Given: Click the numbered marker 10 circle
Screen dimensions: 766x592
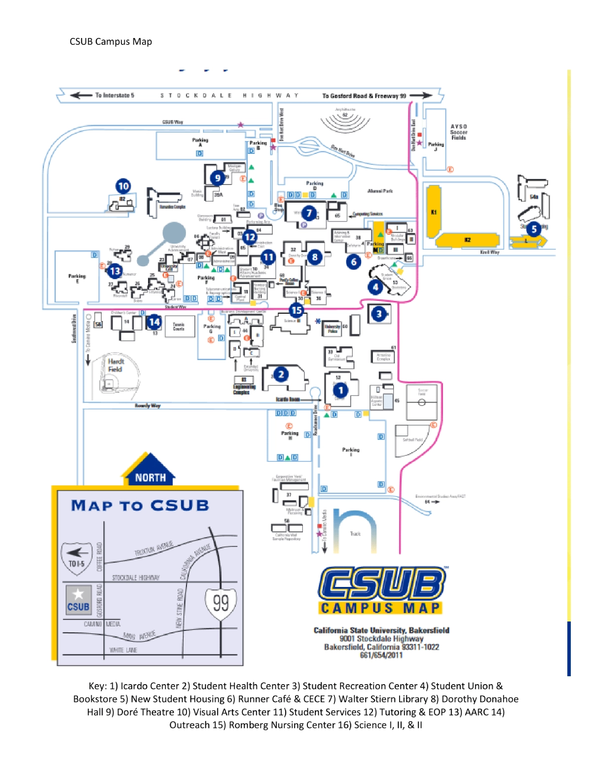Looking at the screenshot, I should [123, 186].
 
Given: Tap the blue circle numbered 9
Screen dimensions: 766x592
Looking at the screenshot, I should [218, 178].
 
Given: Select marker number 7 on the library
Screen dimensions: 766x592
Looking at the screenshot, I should [309, 213].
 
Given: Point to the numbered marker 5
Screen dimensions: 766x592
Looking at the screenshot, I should [533, 229].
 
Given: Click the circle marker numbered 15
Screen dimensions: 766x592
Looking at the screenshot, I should [296, 310].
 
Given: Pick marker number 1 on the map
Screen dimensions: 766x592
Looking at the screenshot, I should [340, 390].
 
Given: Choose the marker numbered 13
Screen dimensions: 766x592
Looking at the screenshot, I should [115, 271].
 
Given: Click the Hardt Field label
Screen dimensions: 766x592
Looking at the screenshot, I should [115, 365].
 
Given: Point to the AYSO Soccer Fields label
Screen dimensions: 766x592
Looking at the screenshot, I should [458, 132].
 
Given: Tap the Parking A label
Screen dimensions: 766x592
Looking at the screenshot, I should [200, 143].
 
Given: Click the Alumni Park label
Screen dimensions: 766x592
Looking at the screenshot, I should [380, 191].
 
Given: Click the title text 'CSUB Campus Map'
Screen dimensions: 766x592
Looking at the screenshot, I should [111, 41].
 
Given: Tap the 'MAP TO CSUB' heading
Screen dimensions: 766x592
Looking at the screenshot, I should [140, 506].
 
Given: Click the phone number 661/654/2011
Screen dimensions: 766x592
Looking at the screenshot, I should [381, 655].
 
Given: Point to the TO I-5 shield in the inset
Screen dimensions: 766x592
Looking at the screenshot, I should [76, 557].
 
